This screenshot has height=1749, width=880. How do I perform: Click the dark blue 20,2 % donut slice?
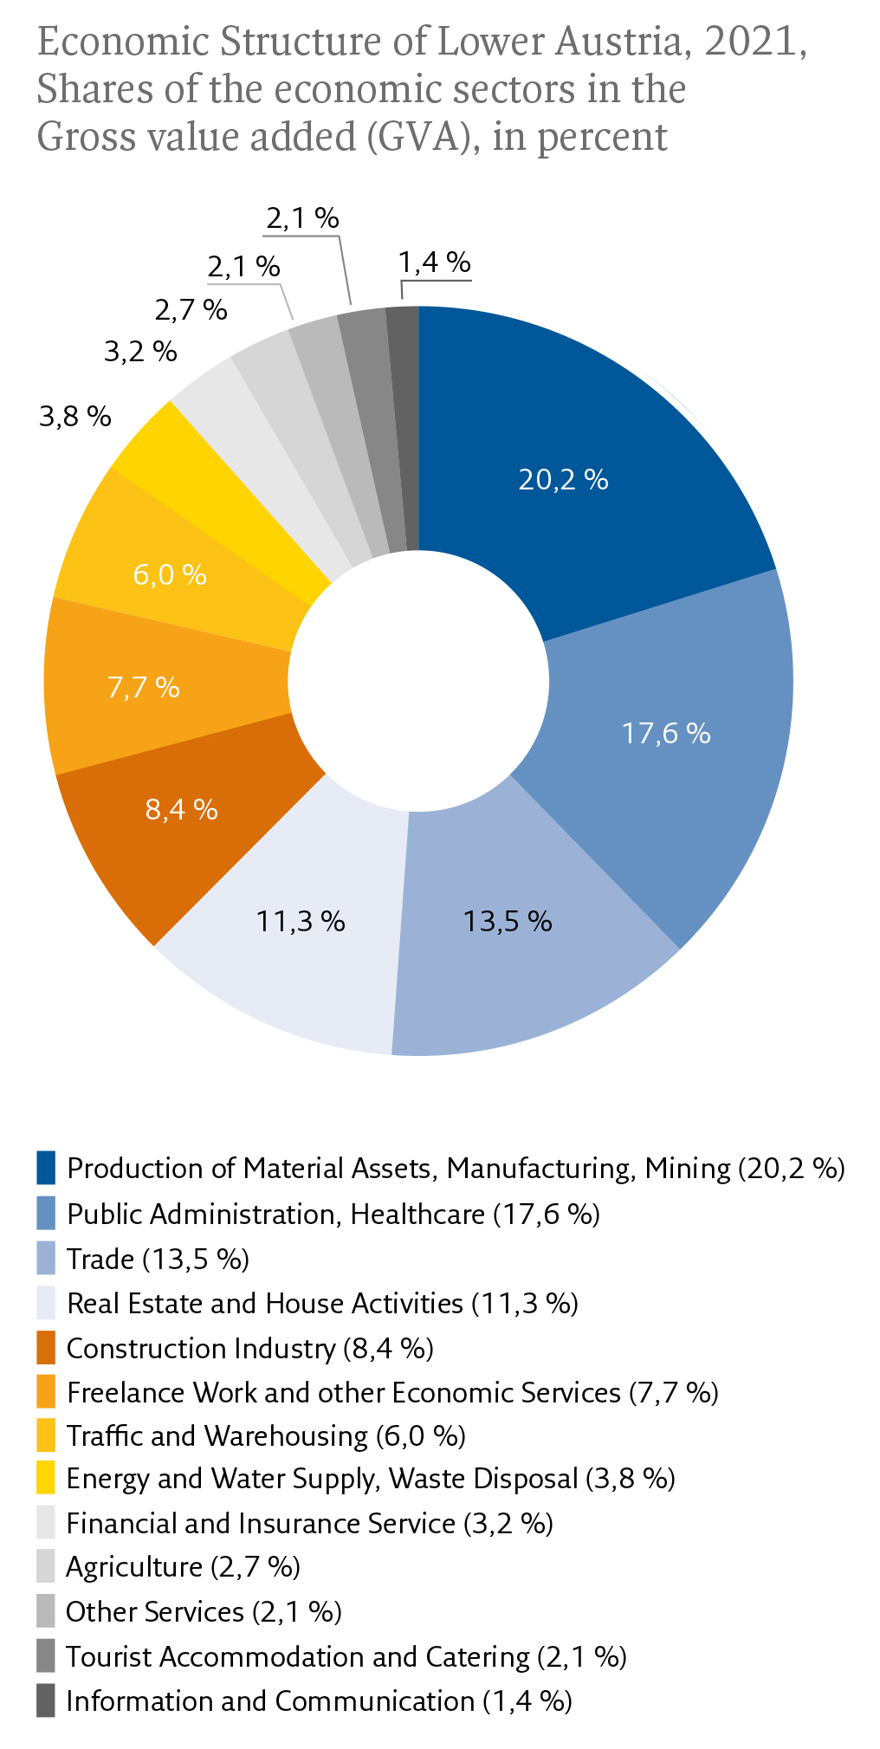coord(589,433)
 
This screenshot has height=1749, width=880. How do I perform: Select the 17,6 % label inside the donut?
coord(666,734)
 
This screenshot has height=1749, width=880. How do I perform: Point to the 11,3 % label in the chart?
coord(301,921)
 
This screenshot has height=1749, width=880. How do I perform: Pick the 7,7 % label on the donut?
coord(144,688)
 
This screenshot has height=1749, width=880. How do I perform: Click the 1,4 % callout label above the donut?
coord(435,262)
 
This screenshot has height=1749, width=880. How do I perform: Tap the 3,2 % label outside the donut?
coord(140,352)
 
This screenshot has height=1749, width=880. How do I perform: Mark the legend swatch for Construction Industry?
coord(46,1348)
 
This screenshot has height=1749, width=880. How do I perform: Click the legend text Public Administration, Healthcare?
coord(275,1214)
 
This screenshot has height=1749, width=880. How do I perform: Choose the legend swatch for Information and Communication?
coord(46,1700)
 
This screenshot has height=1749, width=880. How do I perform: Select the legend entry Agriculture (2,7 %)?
coord(183,1566)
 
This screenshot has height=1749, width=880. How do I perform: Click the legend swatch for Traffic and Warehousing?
coord(46,1435)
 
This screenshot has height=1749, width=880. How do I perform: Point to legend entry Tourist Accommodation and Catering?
coord(346,1656)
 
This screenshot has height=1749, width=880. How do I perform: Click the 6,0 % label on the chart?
coord(170,574)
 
